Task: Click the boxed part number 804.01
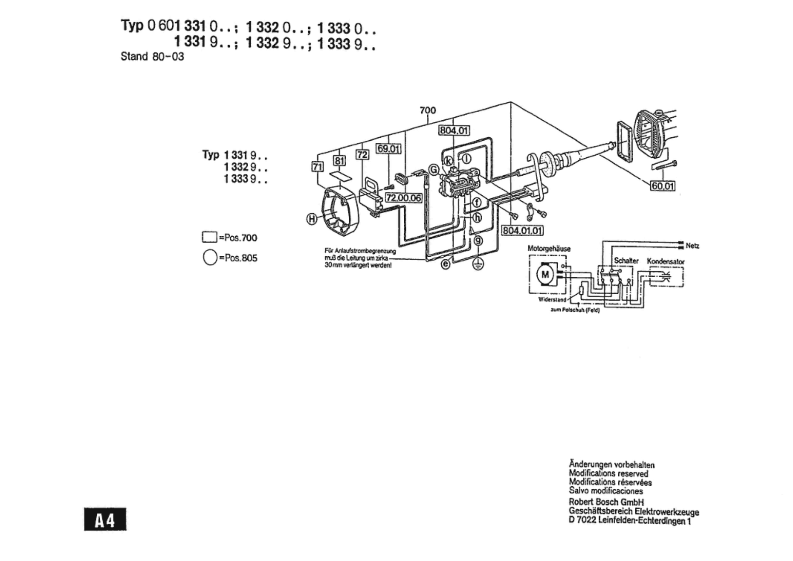[454, 131]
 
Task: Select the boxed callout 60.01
[663, 186]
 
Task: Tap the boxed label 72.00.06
[403, 198]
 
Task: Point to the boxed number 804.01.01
[522, 230]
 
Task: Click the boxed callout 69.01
[388, 149]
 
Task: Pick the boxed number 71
[317, 167]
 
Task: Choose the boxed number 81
[339, 160]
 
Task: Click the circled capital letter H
[312, 218]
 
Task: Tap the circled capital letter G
[434, 170]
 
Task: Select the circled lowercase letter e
[446, 264]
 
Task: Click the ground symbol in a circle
[478, 264]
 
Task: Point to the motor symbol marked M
[545, 275]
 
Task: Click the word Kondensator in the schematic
[665, 261]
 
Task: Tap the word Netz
[692, 246]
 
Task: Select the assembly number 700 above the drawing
[428, 110]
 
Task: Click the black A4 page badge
[105, 520]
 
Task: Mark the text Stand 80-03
[152, 56]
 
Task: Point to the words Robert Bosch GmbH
[606, 502]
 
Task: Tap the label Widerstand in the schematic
[552, 299]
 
